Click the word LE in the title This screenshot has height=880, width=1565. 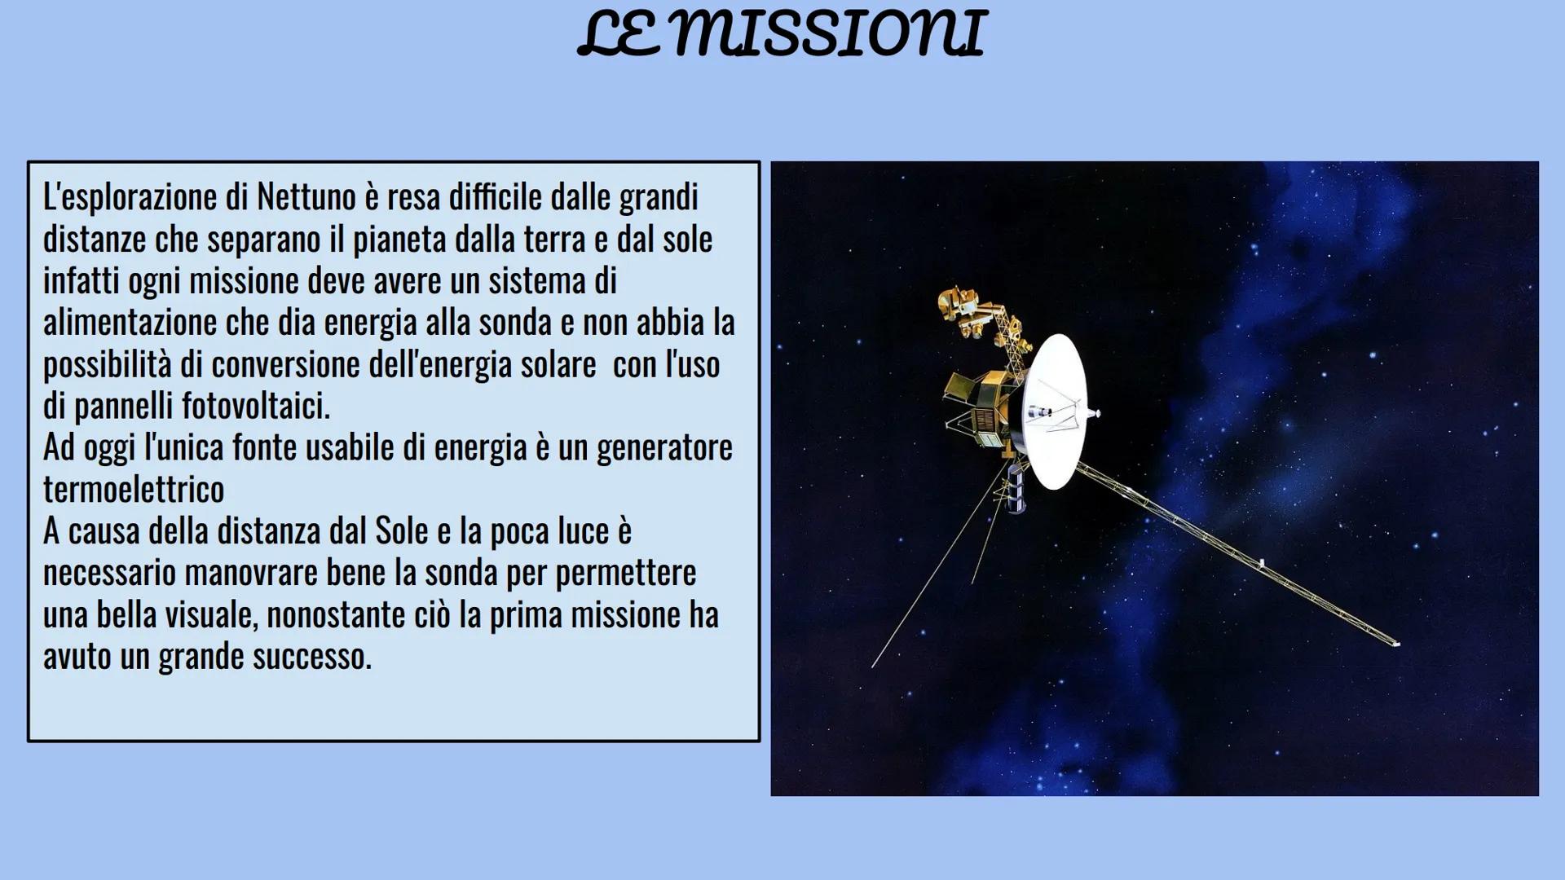click(619, 34)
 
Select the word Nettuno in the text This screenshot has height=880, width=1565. click(306, 197)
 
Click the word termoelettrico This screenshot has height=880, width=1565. click(134, 490)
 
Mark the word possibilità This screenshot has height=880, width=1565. click(107, 365)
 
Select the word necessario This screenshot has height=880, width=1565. click(109, 573)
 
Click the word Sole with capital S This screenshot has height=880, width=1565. click(401, 531)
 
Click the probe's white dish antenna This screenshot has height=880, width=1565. click(1056, 411)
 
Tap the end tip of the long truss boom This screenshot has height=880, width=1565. click(1395, 644)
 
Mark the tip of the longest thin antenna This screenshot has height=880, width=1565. click(873, 667)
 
